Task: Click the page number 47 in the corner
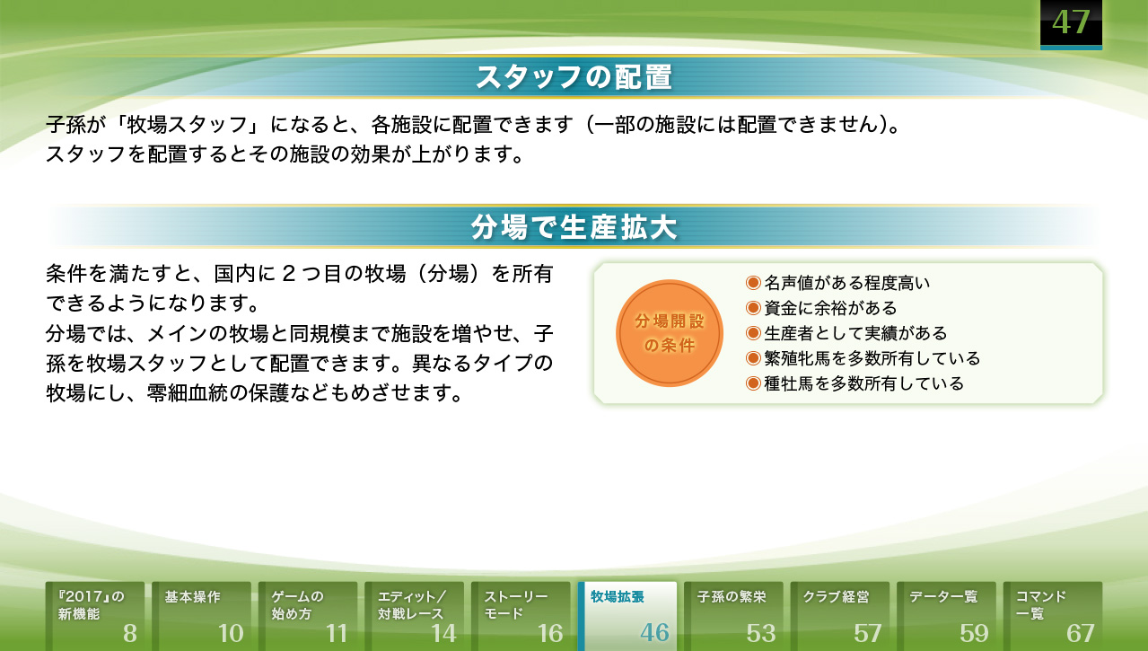(x=1071, y=22)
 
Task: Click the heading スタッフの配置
(x=574, y=77)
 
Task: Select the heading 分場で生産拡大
(x=574, y=227)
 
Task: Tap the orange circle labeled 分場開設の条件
(x=670, y=333)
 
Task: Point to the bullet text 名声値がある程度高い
(x=846, y=283)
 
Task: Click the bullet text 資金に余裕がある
(x=830, y=308)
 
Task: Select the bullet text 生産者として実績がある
(x=855, y=333)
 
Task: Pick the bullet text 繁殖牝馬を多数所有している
(x=872, y=358)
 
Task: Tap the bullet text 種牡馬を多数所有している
(x=863, y=383)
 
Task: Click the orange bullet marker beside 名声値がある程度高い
(x=753, y=283)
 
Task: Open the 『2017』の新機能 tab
(x=95, y=616)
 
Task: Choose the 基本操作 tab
(x=202, y=616)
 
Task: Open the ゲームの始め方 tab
(x=308, y=616)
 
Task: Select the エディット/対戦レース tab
(x=415, y=616)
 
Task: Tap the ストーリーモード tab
(x=521, y=616)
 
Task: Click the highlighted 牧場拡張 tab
(x=627, y=616)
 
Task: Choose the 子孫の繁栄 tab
(x=734, y=616)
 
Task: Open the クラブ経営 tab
(x=840, y=616)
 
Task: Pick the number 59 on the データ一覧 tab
(x=974, y=634)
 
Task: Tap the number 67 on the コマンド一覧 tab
(x=1081, y=634)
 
